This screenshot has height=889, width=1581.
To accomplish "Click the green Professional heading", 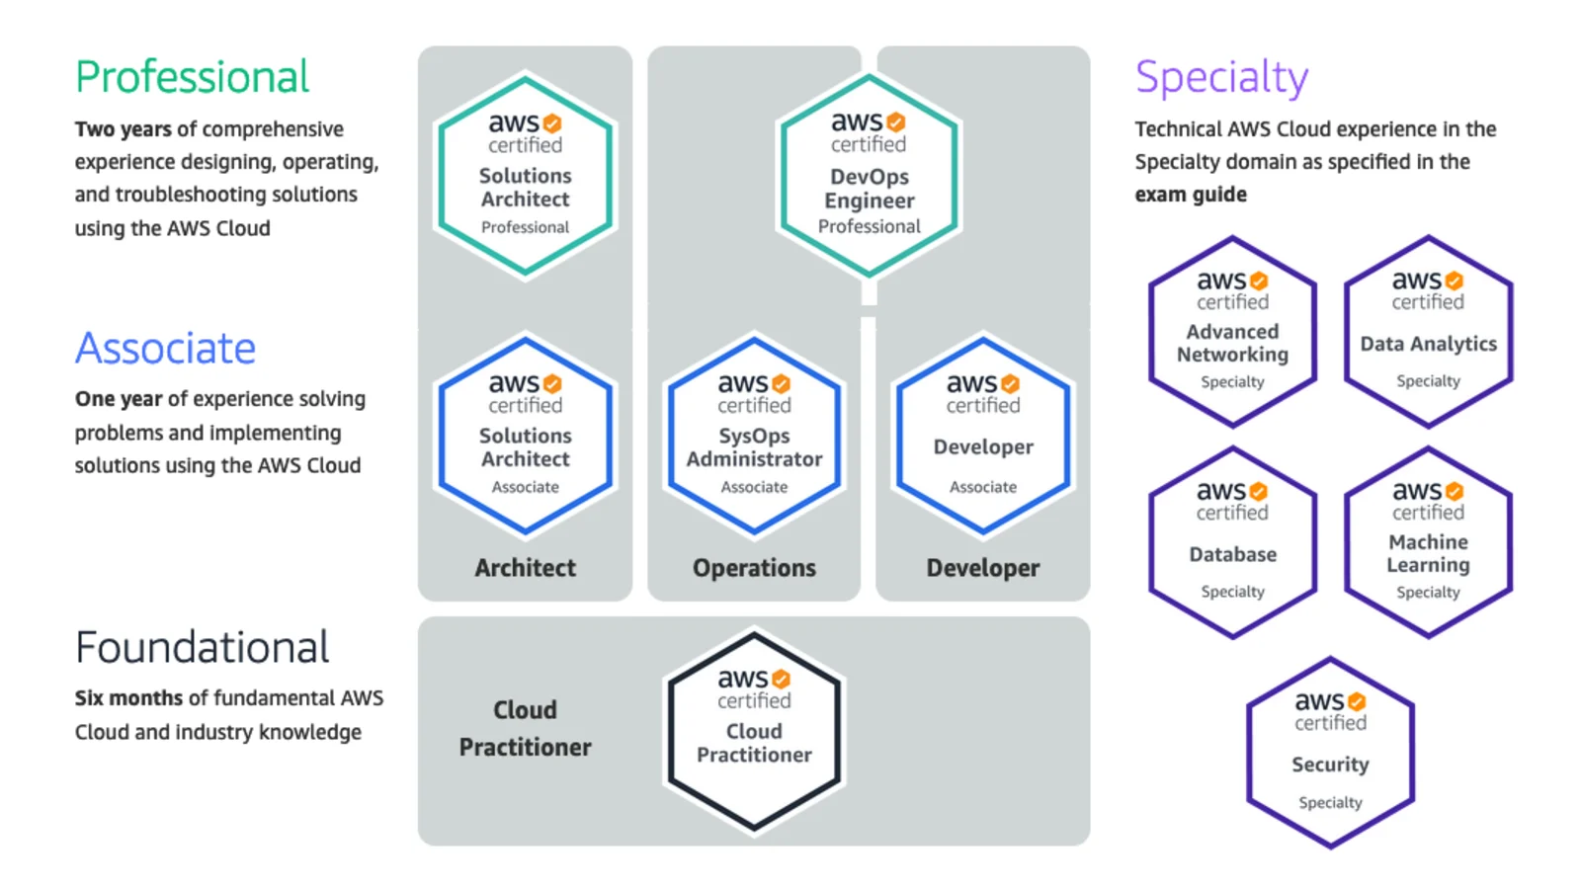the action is [192, 76].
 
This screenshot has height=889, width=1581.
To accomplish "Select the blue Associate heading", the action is [165, 348].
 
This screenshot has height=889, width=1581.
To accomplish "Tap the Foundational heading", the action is [202, 647].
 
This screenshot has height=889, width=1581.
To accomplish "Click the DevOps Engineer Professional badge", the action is [869, 175].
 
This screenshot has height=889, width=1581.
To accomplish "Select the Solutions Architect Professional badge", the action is [525, 175].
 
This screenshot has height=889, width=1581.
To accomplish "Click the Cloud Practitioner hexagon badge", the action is [754, 730].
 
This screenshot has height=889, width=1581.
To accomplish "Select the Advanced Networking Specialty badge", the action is [1232, 332].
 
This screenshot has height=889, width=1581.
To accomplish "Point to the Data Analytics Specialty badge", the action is [1429, 332].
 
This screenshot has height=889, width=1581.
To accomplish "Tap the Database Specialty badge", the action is [1232, 542].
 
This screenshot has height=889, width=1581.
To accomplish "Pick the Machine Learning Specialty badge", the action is [1429, 542].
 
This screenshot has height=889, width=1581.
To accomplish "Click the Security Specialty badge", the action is [1330, 752].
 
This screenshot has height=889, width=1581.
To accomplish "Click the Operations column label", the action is [754, 568].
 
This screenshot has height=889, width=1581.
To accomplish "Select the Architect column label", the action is [525, 568].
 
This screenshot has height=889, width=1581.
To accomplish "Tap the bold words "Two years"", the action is [123, 129].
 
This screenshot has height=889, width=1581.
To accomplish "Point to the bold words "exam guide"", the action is [1191, 195].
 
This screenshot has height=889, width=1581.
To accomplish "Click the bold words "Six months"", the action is [128, 697].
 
